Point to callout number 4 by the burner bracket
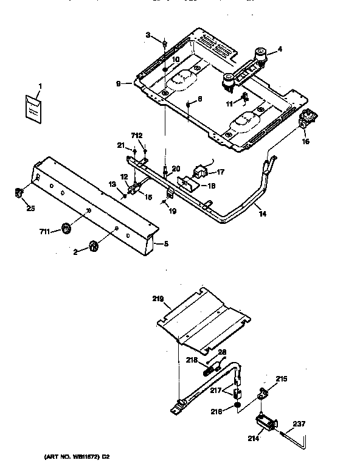(x=280, y=49)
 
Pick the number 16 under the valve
(x=305, y=141)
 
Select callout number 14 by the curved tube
(x=262, y=215)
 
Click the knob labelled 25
(x=18, y=193)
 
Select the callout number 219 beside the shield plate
(x=158, y=299)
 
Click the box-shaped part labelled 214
(x=265, y=421)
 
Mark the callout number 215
(x=281, y=378)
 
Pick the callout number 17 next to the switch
(x=221, y=172)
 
